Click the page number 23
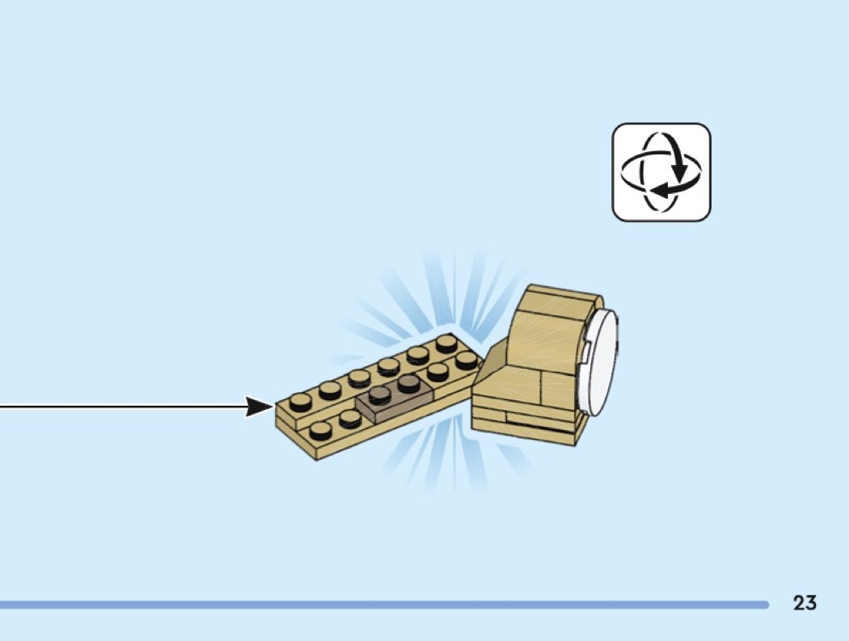[805, 602]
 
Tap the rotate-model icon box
[661, 172]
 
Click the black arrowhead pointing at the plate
[260, 407]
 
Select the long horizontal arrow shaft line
[124, 407]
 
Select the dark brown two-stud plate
[395, 399]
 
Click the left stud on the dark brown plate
[379, 394]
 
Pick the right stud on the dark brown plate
[409, 383]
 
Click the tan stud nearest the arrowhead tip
[301, 402]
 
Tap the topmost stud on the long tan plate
[446, 344]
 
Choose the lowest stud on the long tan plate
[320, 430]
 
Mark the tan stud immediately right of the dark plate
[437, 371]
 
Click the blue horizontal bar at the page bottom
[384, 604]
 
